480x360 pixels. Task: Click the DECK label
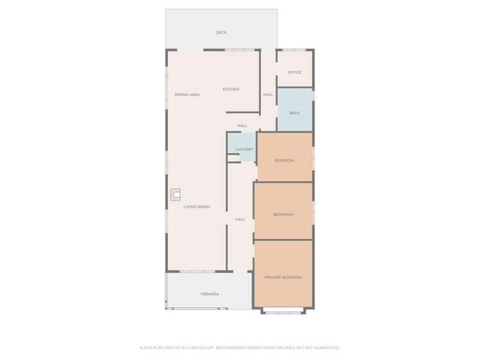point(221,33)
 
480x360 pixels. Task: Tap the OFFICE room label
point(295,72)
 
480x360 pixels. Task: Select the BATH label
point(294,113)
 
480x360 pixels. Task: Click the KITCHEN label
point(231,89)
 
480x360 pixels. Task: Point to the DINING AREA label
point(187,95)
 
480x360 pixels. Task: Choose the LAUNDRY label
point(244,149)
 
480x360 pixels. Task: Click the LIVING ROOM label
point(197,207)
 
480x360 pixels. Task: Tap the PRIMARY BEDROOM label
point(283,277)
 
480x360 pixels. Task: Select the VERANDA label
point(210,294)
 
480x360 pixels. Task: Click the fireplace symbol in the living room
point(175,195)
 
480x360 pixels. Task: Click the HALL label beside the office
point(268,95)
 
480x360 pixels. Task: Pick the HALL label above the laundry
point(242,126)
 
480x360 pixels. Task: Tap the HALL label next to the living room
point(240,220)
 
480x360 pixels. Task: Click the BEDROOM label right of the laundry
point(285,160)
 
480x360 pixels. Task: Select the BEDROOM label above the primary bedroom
point(283,215)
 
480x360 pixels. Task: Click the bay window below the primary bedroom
point(283,312)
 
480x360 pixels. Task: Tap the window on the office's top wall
point(294,50)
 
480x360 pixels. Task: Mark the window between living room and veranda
point(197,272)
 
